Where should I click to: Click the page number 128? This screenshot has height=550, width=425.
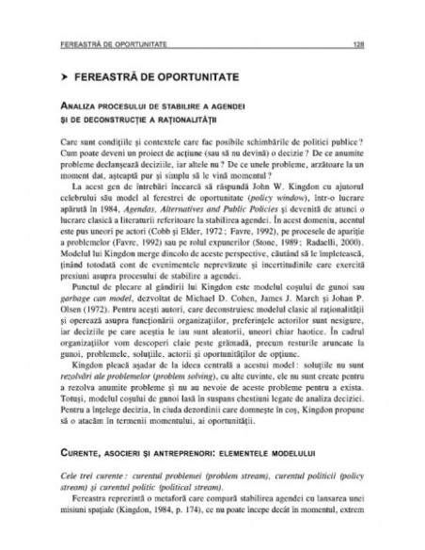358,43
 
